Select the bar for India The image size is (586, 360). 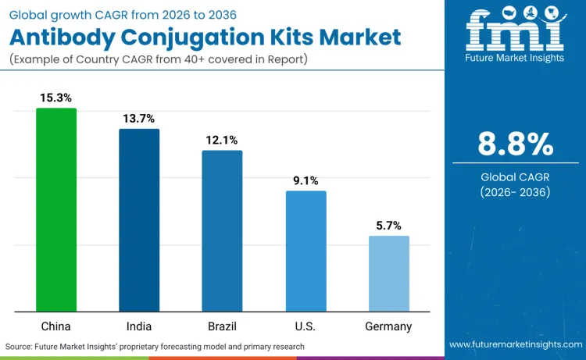coord(139,220)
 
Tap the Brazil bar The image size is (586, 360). coord(222,231)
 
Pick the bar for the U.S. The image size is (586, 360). coord(306,251)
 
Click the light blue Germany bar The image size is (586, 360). coord(388,273)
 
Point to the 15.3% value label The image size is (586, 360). coord(56,98)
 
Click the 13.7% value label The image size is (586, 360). coord(139,118)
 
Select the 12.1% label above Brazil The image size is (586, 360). coord(222,140)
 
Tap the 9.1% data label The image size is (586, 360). coord(306,180)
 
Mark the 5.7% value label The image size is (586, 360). coord(388,226)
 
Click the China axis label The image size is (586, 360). coord(56,326)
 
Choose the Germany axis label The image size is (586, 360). coord(388,326)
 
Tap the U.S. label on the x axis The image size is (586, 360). coord(306,326)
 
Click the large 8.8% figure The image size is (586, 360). coord(516,144)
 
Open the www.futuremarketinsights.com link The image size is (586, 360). coord(515,345)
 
